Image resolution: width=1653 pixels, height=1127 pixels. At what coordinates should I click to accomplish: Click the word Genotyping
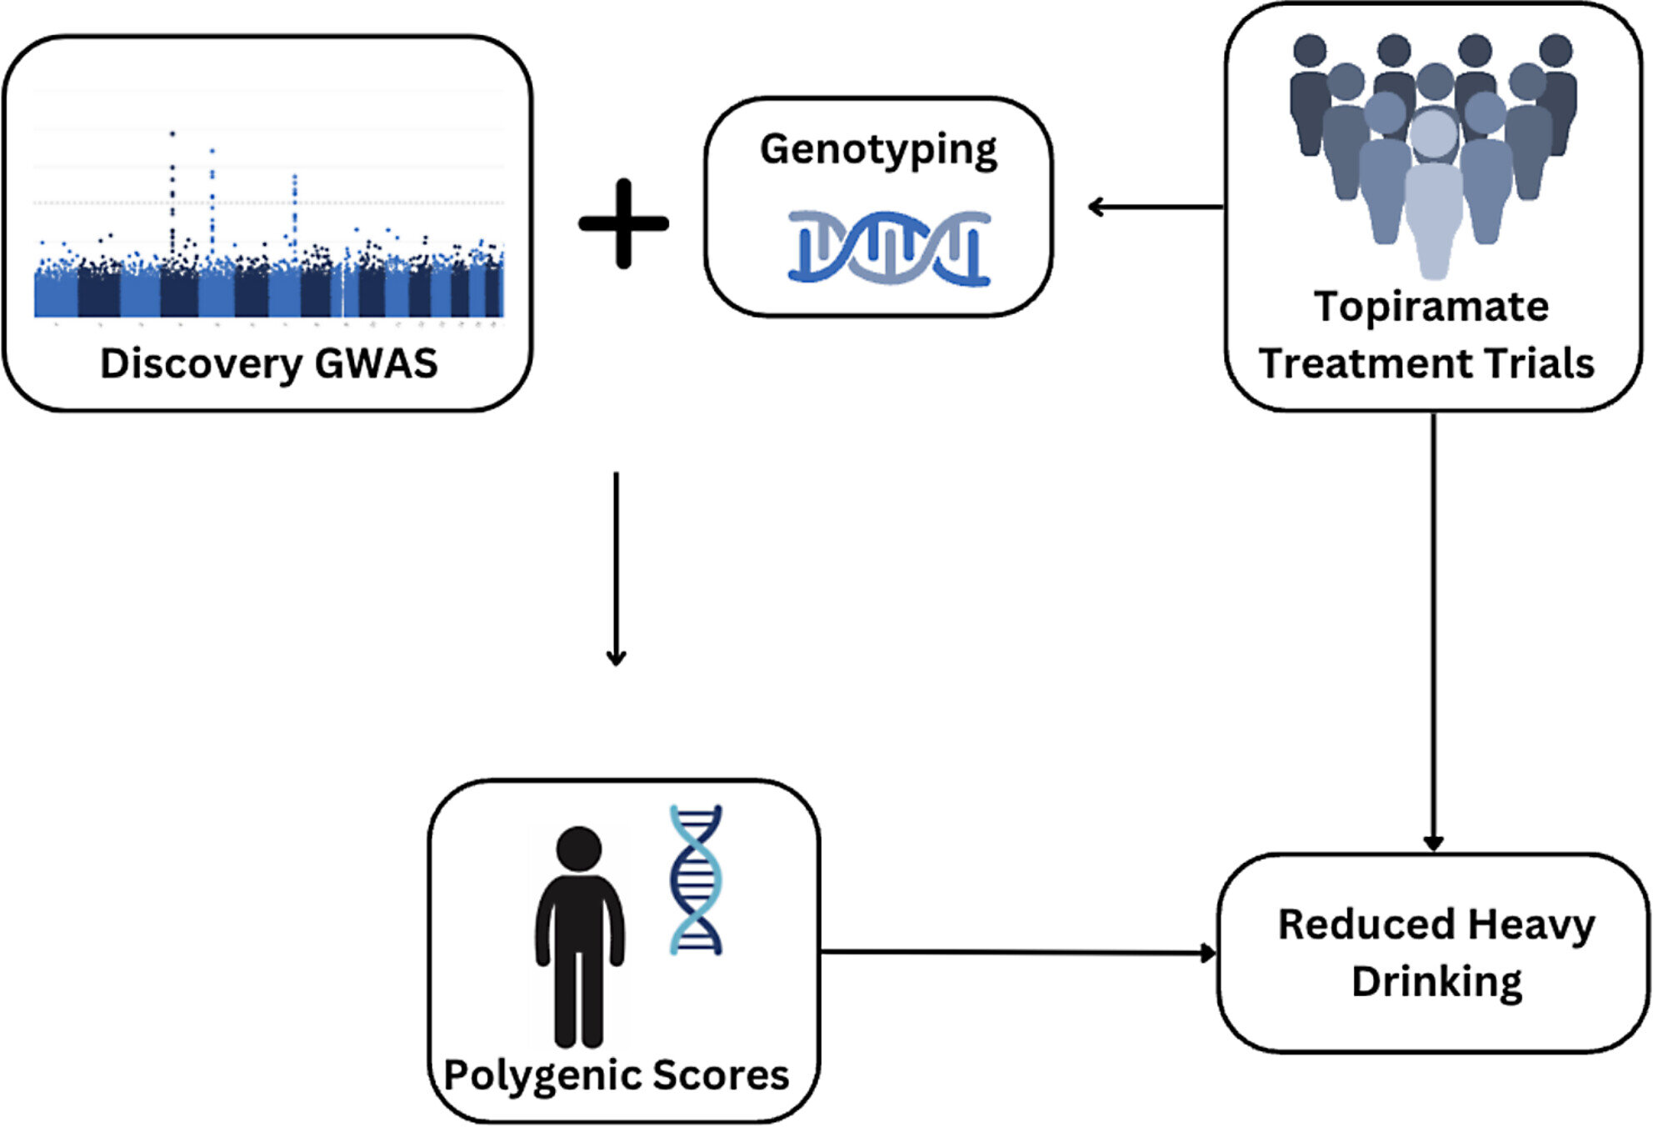click(878, 150)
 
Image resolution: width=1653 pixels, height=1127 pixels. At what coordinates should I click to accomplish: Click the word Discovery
click(201, 363)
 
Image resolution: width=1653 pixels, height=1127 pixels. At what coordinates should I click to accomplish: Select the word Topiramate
click(1431, 307)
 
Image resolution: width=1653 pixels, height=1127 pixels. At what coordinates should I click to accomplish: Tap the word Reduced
click(1366, 924)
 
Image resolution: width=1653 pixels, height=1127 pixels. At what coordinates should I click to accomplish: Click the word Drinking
click(1436, 981)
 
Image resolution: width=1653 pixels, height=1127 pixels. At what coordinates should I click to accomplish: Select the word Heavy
click(1531, 924)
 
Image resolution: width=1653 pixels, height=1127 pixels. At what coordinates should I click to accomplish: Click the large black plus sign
click(623, 223)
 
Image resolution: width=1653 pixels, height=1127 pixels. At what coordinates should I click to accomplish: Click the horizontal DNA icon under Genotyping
click(889, 248)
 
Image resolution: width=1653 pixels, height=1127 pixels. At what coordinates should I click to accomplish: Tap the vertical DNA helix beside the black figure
click(696, 879)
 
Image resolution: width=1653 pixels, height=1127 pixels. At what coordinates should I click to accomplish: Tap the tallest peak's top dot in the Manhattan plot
click(172, 133)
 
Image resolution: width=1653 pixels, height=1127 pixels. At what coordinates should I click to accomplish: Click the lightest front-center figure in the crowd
click(1433, 200)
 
